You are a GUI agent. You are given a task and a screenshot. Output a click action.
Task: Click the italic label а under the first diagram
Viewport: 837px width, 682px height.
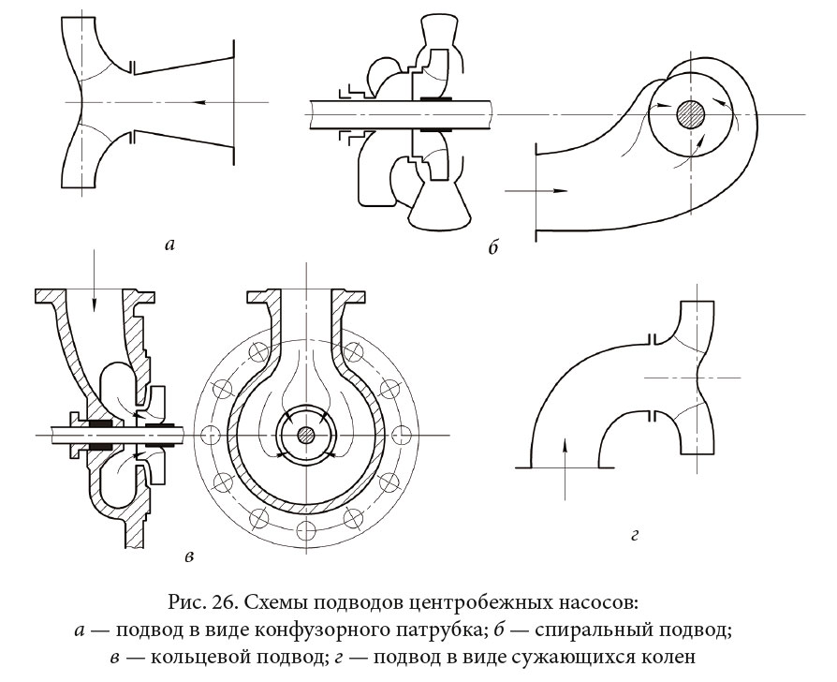tap(169, 245)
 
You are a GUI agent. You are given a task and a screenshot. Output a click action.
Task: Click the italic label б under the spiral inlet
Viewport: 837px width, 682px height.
tap(493, 247)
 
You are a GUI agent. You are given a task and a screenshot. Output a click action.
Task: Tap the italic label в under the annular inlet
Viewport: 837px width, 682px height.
tap(190, 557)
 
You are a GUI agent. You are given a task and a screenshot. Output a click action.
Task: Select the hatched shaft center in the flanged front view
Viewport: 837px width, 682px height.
tap(306, 435)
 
